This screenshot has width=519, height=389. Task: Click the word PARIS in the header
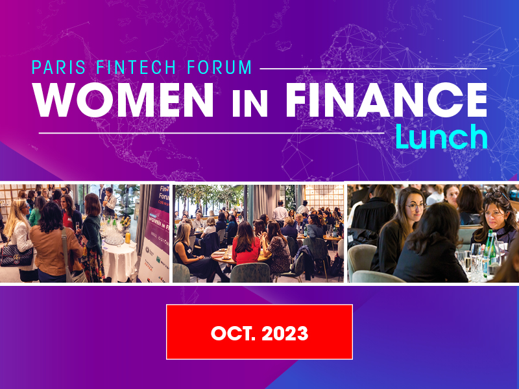point(58,67)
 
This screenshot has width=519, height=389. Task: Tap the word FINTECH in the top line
point(136,67)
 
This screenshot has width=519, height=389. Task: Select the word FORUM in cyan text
point(219,67)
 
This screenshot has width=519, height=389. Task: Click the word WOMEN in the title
point(123,100)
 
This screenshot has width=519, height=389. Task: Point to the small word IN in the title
point(250,104)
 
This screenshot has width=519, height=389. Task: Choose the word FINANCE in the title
point(386,100)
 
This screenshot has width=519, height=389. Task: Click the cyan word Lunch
point(442,137)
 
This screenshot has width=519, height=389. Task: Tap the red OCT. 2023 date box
point(259,332)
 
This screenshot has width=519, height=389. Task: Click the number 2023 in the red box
point(285,333)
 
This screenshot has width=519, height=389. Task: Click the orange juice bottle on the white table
point(127,237)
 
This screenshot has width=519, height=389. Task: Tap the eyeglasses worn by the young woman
point(415,206)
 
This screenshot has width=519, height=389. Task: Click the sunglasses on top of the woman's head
point(496,195)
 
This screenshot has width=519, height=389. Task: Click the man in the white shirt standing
point(280,211)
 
